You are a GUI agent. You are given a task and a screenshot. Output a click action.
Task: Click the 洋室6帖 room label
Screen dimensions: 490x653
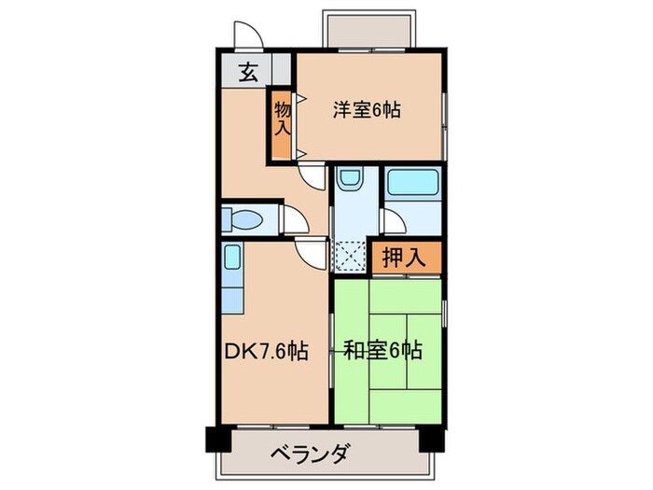click(367, 110)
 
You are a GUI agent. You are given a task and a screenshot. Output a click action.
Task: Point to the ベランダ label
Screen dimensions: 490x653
click(311, 455)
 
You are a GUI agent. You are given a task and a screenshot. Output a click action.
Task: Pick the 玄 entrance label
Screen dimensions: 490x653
click(248, 71)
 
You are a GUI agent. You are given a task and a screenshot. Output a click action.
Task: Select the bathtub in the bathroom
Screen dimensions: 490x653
click(411, 183)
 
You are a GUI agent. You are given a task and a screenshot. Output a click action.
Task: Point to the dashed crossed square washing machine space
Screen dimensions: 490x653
click(350, 255)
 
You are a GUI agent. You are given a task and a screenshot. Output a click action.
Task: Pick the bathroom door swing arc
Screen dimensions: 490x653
click(393, 222)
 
